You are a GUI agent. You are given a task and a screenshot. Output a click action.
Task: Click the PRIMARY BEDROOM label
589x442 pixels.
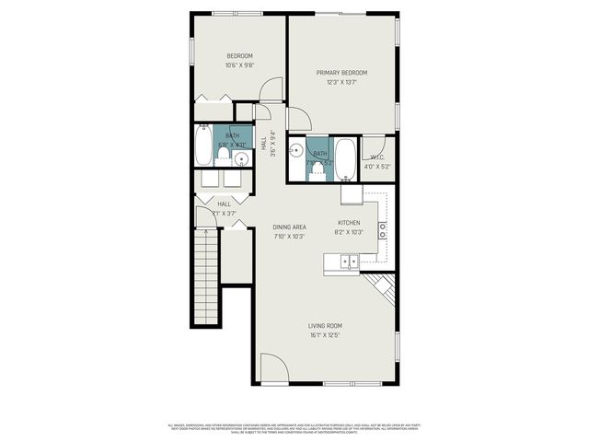click(341, 73)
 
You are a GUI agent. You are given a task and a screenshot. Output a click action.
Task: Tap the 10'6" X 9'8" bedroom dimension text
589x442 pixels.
click(239, 65)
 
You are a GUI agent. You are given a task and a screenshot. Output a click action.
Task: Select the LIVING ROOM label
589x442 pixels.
click(325, 325)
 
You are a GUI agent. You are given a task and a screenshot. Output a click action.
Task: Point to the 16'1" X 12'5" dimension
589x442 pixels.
click(325, 335)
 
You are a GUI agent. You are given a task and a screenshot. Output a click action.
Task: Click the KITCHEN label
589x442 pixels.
click(350, 223)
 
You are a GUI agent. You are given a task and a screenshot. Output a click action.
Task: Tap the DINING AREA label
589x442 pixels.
click(289, 227)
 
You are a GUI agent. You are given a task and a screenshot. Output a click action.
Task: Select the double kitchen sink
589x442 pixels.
click(349, 262)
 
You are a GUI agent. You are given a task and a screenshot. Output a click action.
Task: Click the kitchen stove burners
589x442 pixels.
click(382, 229)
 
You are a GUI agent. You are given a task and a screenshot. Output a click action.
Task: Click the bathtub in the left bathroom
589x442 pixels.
click(203, 145)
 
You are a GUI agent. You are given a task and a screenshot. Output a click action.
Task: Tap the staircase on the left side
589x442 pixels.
click(205, 275)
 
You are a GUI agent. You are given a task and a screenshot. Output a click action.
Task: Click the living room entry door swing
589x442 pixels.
click(273, 368)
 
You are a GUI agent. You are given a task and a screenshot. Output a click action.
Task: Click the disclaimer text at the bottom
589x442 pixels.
click(294, 427)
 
